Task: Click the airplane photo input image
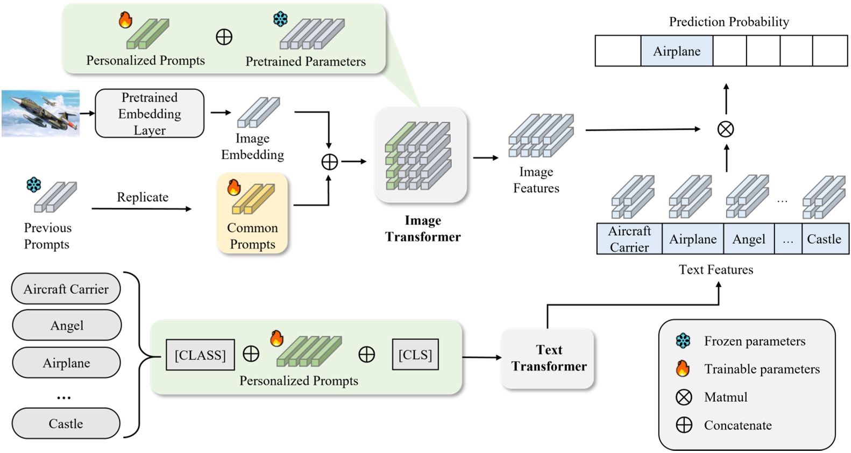pos(41,114)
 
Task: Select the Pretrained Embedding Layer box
pos(150,114)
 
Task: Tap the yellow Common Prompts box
pos(252,213)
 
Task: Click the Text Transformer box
pos(548,358)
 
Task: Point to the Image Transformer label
pos(423,229)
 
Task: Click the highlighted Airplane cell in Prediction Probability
pos(676,51)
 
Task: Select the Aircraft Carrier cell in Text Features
pos(629,239)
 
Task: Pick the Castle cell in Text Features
pos(824,239)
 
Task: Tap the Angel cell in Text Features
pos(748,239)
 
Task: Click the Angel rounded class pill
pos(67,325)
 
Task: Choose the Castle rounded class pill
pos(66,423)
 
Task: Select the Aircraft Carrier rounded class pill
pos(66,289)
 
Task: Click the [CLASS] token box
pos(200,355)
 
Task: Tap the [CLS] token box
pos(415,355)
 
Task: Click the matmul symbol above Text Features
pos(726,129)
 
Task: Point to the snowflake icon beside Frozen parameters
pos(683,341)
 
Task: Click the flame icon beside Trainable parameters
pos(683,369)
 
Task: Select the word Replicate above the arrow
pos(143,197)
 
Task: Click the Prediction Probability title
pos(728,22)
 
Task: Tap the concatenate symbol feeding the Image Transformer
pos(329,162)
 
